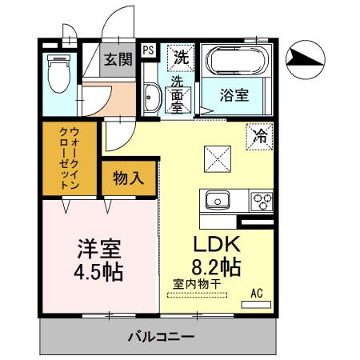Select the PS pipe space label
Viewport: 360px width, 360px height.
click(x=149, y=50)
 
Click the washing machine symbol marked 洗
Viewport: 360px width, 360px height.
click(x=181, y=57)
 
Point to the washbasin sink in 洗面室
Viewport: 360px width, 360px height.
click(x=152, y=98)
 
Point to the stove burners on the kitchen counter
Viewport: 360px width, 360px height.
click(x=262, y=200)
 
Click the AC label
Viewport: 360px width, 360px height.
click(x=257, y=293)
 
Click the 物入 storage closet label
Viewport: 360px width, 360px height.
click(x=128, y=178)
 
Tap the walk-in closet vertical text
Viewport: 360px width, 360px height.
click(x=69, y=158)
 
